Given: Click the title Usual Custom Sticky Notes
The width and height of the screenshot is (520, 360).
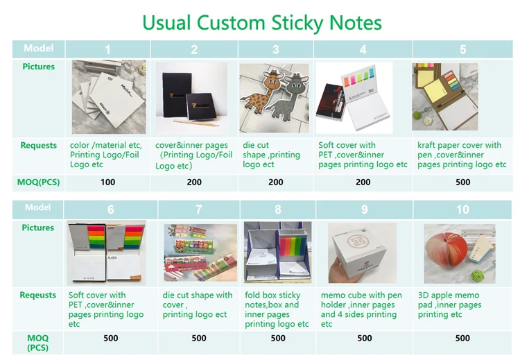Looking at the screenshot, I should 261,22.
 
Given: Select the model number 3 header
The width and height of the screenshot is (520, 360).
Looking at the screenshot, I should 276,49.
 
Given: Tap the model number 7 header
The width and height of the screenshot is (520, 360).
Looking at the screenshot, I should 199,209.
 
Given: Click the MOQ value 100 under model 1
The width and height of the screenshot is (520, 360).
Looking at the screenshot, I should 107,182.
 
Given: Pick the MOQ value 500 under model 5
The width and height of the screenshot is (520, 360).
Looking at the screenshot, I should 462,182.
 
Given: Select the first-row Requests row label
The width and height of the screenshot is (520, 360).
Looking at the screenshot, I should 39,146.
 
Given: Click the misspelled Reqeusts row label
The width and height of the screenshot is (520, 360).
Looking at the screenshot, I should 39,295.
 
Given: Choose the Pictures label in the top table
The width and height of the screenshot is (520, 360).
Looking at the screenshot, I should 38,67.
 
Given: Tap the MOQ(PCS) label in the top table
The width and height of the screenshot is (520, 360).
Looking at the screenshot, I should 39,182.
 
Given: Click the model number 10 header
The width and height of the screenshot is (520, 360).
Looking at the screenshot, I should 462,209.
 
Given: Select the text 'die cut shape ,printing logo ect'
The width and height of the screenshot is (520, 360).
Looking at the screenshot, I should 272,155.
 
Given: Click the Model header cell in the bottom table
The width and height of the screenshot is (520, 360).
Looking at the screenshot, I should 38,208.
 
